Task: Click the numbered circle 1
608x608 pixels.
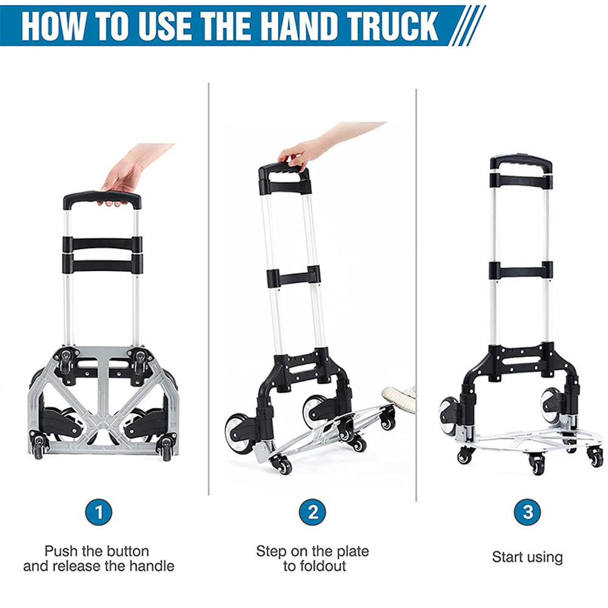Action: tap(98, 512)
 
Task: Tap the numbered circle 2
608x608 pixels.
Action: tap(312, 512)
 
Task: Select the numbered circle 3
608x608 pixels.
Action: tap(527, 512)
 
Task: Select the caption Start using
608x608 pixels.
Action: tap(527, 557)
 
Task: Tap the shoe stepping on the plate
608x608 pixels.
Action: tap(399, 396)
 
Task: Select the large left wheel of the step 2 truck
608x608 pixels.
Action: tap(237, 431)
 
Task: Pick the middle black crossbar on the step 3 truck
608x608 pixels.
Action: tap(521, 271)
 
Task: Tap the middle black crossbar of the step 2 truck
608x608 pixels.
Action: tap(294, 277)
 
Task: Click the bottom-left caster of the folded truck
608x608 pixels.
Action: tap(39, 447)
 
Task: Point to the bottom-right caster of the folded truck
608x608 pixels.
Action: tap(166, 449)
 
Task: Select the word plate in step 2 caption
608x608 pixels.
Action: tap(353, 551)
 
